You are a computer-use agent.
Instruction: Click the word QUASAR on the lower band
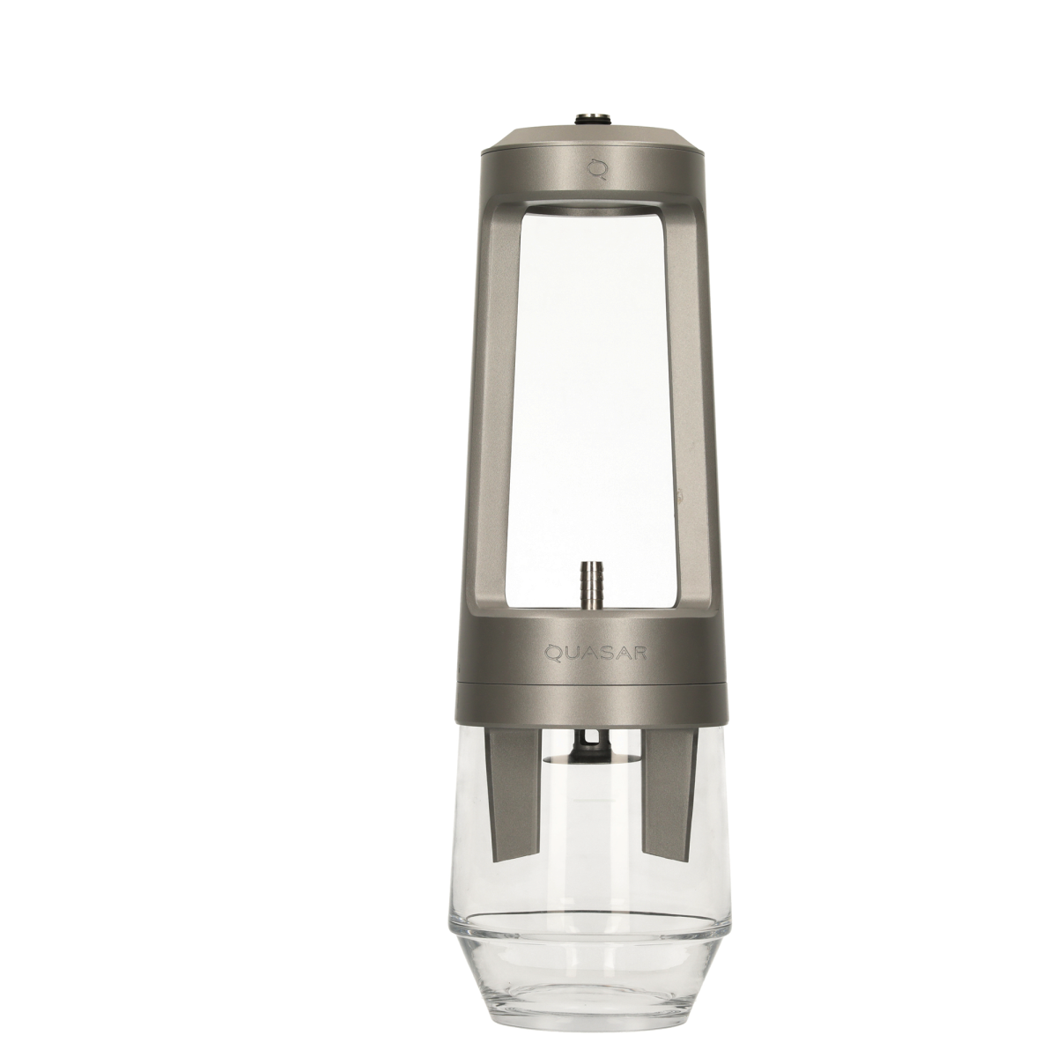pyautogui.click(x=595, y=653)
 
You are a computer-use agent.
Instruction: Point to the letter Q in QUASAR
pyautogui.click(x=551, y=653)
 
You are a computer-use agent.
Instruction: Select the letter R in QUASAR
pyautogui.click(x=640, y=653)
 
